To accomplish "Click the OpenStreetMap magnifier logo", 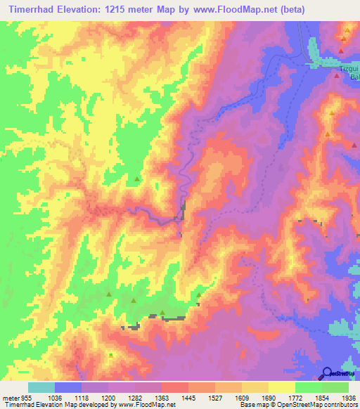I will coord(328,372).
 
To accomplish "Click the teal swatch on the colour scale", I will coord(41,387).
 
